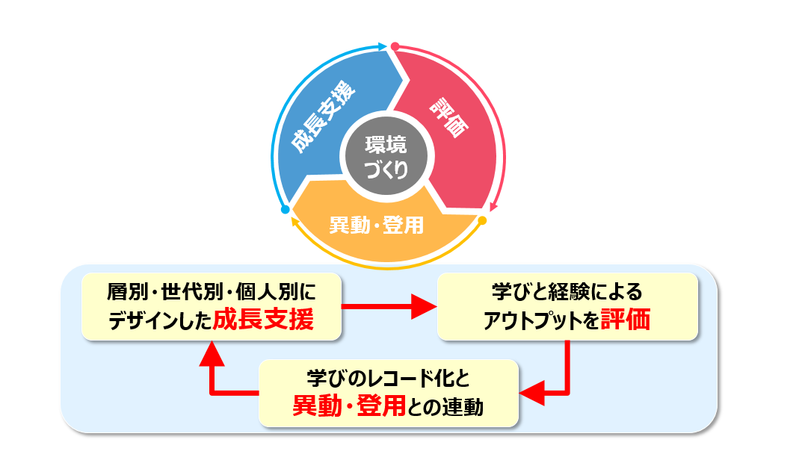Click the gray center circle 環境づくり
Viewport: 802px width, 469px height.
386,156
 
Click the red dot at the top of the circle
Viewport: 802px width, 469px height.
395,46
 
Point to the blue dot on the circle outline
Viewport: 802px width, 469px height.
285,210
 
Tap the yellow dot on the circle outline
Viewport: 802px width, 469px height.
482,220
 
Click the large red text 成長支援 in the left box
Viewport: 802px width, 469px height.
262,320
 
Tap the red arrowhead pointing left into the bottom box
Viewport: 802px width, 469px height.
531,392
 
